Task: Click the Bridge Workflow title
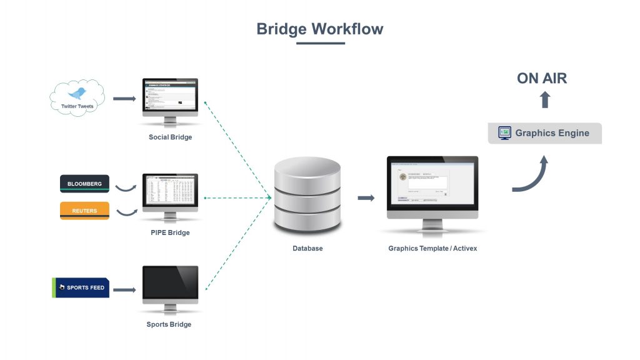pos(319,29)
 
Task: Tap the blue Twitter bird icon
pos(77,94)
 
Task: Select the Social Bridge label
pos(170,137)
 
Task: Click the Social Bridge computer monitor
pos(170,94)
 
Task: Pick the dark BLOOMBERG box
pos(84,184)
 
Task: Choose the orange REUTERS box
pos(84,211)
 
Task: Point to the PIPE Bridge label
pos(170,232)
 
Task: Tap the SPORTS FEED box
pos(81,288)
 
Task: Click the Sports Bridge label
pos(169,324)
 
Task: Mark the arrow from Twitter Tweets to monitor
pos(124,99)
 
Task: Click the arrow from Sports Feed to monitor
pos(124,289)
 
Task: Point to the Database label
pos(307,248)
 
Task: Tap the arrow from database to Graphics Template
pos(366,198)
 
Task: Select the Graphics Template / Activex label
pos(432,248)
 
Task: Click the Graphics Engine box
pos(544,133)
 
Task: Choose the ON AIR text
pos(542,78)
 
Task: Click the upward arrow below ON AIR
pos(544,99)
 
